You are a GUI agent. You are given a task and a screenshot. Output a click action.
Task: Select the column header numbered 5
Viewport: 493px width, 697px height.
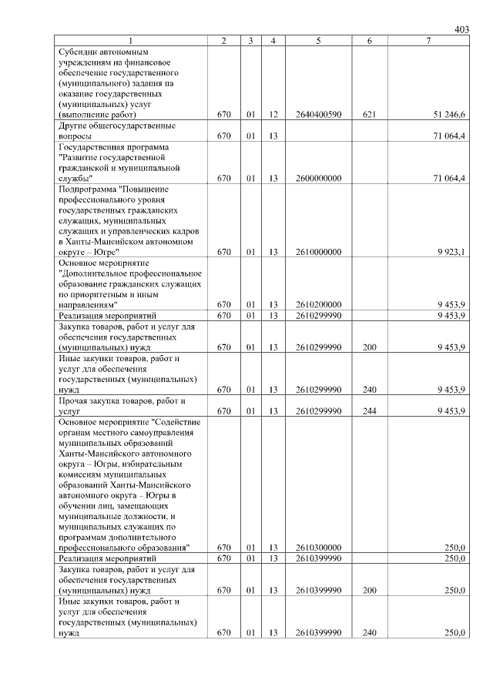click(x=318, y=40)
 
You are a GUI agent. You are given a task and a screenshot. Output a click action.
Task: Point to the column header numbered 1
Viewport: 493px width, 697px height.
click(x=130, y=40)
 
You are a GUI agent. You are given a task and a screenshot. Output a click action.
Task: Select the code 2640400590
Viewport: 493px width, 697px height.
click(x=318, y=115)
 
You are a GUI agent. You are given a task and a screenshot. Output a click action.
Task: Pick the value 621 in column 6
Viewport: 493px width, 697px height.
click(x=369, y=115)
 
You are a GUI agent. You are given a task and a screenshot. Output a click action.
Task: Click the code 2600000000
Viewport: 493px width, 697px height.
click(x=318, y=178)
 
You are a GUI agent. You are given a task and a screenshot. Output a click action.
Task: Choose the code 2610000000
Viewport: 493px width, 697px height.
click(x=318, y=252)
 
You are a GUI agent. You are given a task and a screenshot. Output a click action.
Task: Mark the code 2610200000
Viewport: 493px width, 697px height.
click(x=318, y=305)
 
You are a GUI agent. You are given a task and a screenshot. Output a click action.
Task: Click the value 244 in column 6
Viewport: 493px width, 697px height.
click(x=369, y=410)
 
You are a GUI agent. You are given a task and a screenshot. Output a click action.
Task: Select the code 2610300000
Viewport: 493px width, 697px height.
click(x=318, y=548)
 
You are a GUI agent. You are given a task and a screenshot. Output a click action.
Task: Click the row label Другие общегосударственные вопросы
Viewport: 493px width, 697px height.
click(x=116, y=130)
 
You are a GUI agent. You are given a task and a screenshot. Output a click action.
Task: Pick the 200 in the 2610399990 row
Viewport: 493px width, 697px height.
click(x=369, y=590)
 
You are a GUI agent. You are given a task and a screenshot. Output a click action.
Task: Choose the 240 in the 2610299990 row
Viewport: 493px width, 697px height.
click(x=369, y=390)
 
